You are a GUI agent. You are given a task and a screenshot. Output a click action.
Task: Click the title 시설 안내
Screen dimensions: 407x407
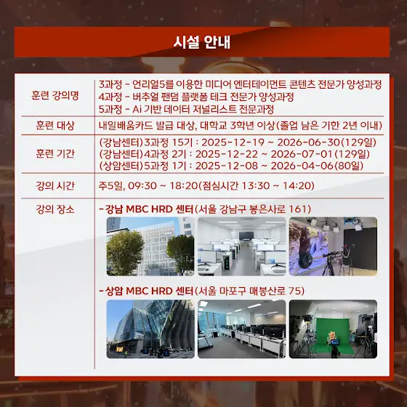click(x=202, y=42)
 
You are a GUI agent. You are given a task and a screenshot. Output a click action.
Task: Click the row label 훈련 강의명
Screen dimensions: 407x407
click(x=55, y=95)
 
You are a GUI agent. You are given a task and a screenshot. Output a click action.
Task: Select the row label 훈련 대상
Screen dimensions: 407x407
click(x=55, y=125)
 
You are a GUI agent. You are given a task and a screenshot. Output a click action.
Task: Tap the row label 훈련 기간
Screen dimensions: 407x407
click(x=55, y=153)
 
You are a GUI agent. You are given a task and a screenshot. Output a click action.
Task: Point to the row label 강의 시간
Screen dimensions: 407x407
click(x=55, y=186)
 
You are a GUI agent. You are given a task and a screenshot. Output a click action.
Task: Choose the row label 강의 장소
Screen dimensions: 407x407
click(x=55, y=209)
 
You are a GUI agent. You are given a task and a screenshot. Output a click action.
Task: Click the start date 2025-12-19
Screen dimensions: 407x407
click(x=233, y=142)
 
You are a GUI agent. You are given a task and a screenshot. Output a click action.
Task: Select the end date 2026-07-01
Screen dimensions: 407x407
click(x=302, y=154)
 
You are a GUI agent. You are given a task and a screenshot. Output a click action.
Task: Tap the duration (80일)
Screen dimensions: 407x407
click(x=349, y=166)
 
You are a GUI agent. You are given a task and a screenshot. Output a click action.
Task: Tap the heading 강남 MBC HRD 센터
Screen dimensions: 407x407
click(x=149, y=209)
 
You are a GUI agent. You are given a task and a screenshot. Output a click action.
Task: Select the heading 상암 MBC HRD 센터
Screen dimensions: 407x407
click(x=149, y=291)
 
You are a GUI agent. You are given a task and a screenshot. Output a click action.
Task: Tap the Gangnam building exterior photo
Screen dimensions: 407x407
click(x=150, y=246)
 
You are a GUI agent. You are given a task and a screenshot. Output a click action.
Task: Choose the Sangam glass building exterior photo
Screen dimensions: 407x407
click(x=150, y=329)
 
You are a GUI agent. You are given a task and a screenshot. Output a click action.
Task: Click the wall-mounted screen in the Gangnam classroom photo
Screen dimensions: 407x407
click(x=246, y=236)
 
